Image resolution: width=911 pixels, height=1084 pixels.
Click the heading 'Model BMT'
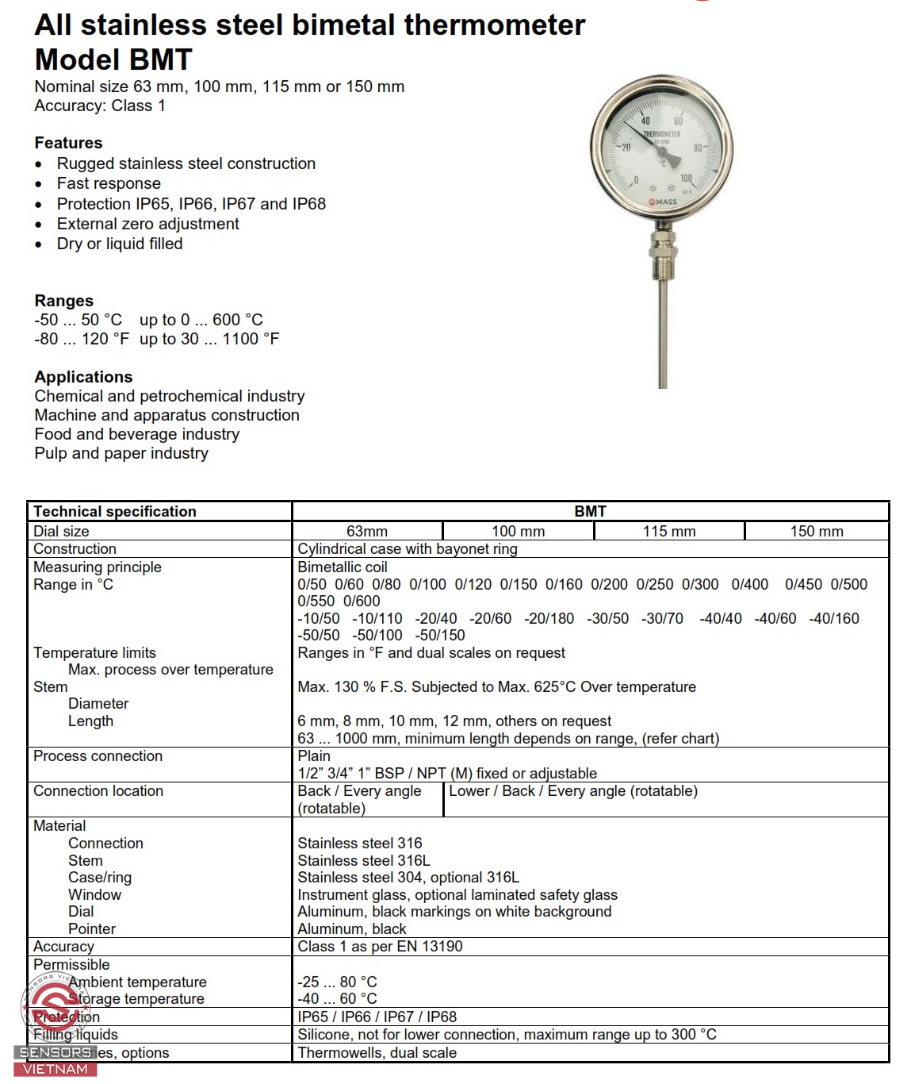(x=113, y=60)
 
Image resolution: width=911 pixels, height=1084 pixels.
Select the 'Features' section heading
(x=68, y=143)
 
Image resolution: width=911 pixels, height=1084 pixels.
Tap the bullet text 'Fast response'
(x=109, y=183)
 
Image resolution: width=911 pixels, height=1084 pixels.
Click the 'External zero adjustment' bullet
(x=147, y=224)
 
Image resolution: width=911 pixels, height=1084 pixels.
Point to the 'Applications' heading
(x=83, y=377)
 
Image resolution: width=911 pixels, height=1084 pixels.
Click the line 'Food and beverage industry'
(x=136, y=434)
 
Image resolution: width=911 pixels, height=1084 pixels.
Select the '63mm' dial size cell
(x=366, y=532)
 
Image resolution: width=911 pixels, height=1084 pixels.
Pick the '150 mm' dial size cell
(x=817, y=532)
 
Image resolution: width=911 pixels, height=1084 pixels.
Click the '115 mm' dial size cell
(x=669, y=532)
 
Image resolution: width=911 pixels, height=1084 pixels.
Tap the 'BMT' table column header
(x=590, y=512)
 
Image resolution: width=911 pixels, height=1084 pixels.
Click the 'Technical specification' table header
(x=115, y=512)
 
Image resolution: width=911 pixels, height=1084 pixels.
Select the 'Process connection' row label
(x=98, y=756)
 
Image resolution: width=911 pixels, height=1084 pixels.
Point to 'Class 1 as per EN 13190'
(x=380, y=947)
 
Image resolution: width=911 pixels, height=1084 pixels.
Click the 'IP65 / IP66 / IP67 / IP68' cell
(x=377, y=1017)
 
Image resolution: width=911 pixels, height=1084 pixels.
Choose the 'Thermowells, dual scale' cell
(x=377, y=1053)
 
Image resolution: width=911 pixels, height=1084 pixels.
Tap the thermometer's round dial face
(x=661, y=149)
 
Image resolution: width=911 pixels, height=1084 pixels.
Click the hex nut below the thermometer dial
(x=662, y=240)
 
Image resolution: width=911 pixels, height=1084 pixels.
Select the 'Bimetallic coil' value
(x=342, y=567)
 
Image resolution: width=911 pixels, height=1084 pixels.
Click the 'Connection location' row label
(x=98, y=791)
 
